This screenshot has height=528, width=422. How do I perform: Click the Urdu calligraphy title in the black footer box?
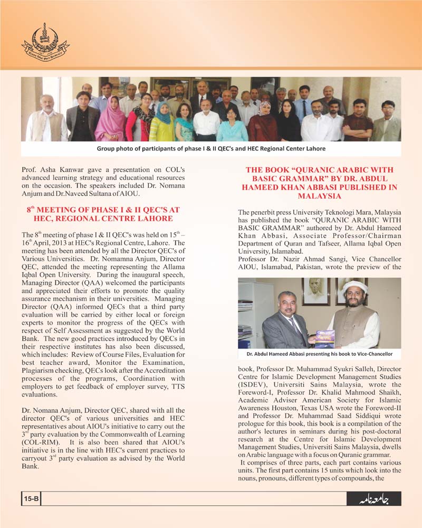tap(373, 499)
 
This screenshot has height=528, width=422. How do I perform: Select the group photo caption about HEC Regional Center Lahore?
tap(211, 149)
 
